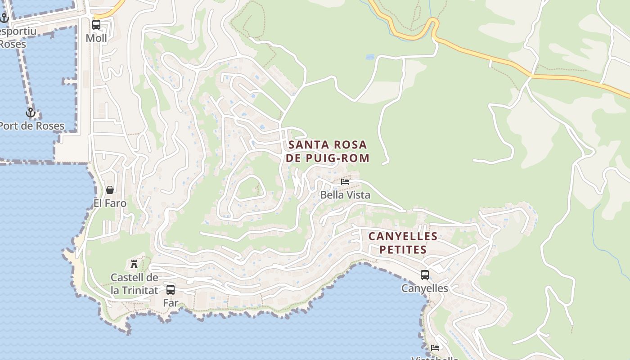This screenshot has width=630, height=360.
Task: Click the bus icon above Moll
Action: point(96,24)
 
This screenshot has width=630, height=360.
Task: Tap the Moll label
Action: point(96,38)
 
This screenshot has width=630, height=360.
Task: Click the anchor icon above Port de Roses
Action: point(31,112)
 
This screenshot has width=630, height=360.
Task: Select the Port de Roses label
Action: point(31,126)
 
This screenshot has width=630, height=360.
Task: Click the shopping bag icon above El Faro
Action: point(110,190)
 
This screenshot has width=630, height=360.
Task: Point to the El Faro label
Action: point(110,203)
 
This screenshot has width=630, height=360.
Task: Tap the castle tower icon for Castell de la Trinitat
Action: point(134,264)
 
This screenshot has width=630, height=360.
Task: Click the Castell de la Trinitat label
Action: point(134,284)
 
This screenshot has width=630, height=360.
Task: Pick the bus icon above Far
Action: point(171,289)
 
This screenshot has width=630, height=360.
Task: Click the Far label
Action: point(171,303)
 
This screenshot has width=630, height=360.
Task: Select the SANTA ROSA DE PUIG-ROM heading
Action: point(327,151)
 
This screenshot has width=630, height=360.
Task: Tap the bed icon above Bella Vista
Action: point(345,181)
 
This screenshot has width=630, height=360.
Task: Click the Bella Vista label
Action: point(345,195)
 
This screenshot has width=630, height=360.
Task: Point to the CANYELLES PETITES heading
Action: point(403,243)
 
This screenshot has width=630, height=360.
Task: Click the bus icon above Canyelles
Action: point(424,274)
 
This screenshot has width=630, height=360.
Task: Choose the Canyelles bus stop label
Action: point(424,288)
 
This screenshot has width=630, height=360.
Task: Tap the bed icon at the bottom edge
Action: point(435,348)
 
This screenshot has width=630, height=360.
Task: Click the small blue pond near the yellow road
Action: point(370,57)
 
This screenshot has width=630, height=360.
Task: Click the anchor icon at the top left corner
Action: point(4,18)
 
